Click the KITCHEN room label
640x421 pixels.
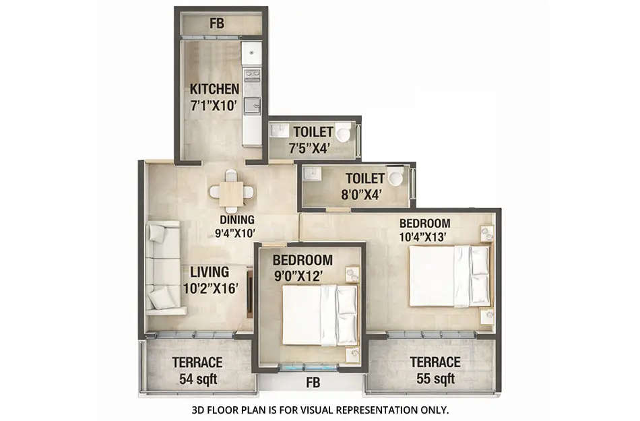pos(214,89)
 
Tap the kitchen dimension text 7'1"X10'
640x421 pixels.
pos(214,105)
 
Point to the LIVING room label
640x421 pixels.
pos(209,272)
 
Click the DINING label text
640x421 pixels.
pos(236,220)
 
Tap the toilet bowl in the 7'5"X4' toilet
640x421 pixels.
pos(344,133)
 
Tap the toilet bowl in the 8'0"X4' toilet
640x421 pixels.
pos(395,178)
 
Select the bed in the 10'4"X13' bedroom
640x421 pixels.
pos(449,276)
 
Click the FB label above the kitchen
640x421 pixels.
pos(216,23)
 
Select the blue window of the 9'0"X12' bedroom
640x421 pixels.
pos(310,368)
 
